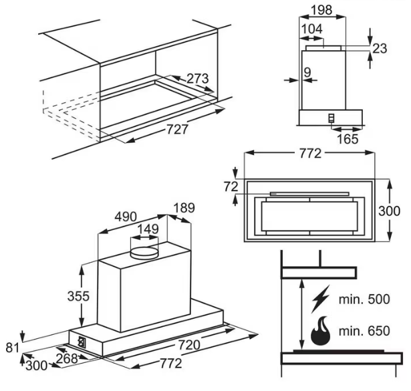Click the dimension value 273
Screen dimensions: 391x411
[197, 79]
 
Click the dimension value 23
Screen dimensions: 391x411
[380, 48]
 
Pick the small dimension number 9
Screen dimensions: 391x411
[307, 71]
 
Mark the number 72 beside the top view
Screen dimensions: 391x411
[231, 186]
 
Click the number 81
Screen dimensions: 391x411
[11, 348]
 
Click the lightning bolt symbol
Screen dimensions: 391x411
[321, 299]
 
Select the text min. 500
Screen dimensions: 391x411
[364, 299]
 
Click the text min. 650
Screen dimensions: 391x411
[364, 330]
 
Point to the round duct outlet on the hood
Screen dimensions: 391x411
[144, 251]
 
